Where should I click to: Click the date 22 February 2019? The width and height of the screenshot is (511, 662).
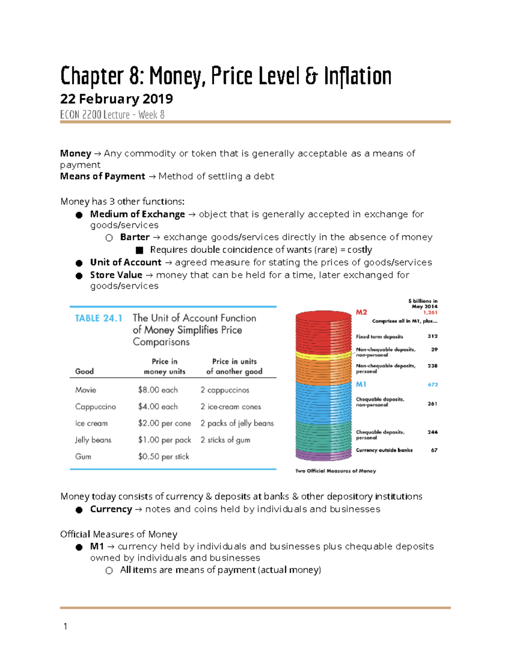point(116,99)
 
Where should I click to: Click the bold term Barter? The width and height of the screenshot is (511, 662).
point(135,237)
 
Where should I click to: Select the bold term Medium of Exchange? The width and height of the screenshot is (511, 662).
point(137,214)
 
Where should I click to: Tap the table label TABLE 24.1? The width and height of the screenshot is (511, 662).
point(98,318)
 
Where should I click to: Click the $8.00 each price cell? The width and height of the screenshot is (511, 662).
point(158,390)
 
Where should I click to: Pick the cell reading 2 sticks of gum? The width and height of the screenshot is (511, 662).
point(225,440)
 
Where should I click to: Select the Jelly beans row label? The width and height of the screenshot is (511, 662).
point(93,440)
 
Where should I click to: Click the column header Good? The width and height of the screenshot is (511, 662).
point(84,371)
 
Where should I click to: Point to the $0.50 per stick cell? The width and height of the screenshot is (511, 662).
point(163,457)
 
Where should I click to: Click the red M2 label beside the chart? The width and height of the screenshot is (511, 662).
point(361,312)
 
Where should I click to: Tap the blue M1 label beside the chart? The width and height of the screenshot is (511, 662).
point(361,384)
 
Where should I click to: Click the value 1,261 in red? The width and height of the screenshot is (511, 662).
point(430,312)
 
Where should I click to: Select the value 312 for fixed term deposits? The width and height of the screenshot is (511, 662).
point(432,336)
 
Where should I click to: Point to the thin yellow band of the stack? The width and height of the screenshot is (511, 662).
point(324,354)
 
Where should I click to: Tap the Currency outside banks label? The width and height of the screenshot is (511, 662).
point(384,450)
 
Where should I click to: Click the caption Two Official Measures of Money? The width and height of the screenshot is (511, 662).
point(336,471)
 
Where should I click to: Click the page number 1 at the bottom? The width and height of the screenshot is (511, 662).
point(65,626)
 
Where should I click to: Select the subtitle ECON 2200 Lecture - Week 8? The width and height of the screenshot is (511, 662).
point(112,115)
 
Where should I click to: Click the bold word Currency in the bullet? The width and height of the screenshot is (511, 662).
point(111,509)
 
